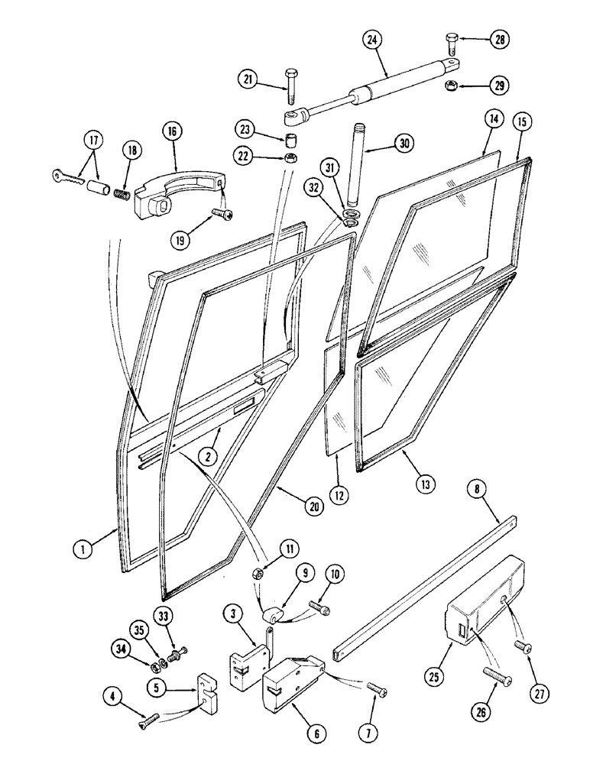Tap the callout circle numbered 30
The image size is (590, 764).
click(x=404, y=143)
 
